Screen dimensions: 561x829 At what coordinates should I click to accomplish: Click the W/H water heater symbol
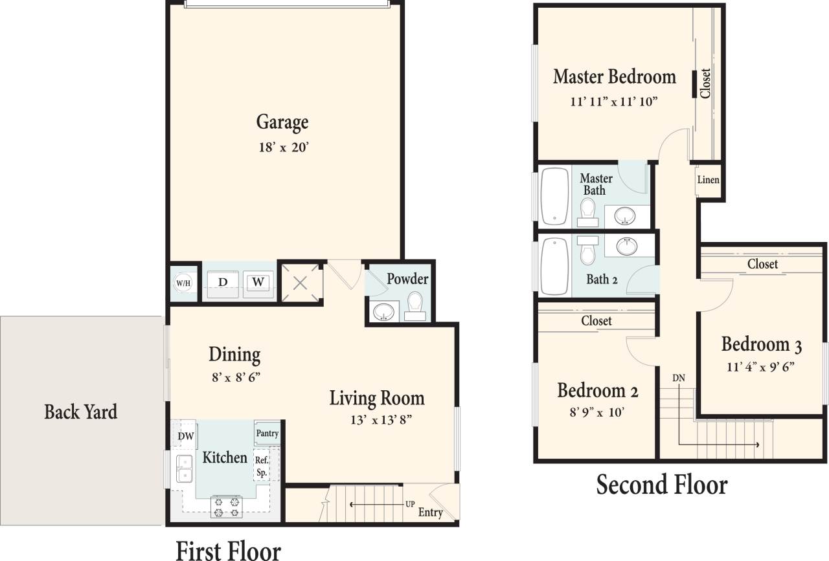pos(183,282)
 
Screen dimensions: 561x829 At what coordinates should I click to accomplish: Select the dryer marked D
pos(222,282)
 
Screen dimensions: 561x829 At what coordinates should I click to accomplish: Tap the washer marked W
pos(258,282)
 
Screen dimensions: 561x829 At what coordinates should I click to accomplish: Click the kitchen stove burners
pos(226,506)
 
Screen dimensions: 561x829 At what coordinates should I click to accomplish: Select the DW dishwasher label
pos(186,435)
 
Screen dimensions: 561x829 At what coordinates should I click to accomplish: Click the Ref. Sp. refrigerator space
pos(261,467)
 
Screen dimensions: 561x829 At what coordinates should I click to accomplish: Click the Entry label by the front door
pos(430,513)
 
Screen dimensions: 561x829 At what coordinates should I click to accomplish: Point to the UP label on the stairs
pos(410,503)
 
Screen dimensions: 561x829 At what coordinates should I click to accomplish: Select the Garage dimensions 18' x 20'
pos(282,147)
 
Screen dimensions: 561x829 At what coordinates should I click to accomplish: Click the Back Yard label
pos(81,412)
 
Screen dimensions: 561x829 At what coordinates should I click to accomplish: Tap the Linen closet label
pos(708,180)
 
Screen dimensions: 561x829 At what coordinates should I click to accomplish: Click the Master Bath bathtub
pos(554,195)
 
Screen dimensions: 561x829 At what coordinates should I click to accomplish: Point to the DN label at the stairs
pos(678,377)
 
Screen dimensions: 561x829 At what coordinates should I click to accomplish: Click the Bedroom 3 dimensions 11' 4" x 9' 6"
pos(762,366)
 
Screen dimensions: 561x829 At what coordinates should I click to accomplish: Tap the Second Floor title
pos(661,484)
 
